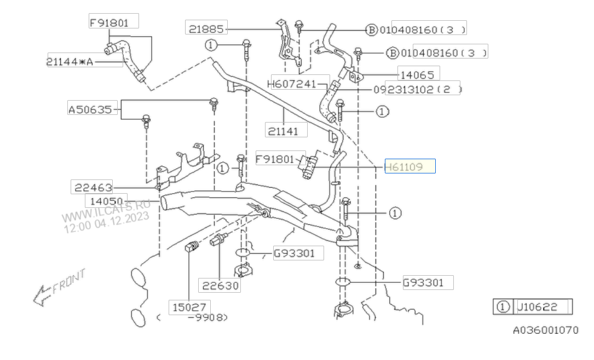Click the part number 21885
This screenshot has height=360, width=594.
(206, 28)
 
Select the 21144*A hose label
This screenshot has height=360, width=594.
(70, 62)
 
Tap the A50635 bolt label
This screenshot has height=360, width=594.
(90, 109)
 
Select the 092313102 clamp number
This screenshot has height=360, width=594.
(417, 89)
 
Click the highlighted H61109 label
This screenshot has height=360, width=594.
(410, 166)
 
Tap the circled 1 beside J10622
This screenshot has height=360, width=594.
(502, 307)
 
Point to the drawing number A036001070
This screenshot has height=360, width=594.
(545, 330)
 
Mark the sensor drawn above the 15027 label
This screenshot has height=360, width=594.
(190, 248)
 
